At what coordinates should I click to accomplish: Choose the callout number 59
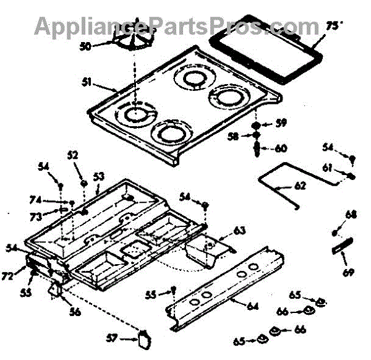[281, 122]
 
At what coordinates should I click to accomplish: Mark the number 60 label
[281, 148]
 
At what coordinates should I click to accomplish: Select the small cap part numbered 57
[145, 339]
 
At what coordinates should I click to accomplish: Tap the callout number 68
[351, 215]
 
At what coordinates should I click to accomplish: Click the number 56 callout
[75, 312]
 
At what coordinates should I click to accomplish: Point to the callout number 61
[328, 167]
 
